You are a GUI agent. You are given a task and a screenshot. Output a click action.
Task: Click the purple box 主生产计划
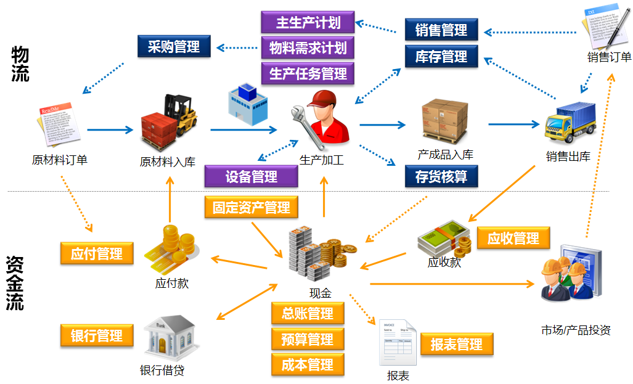coord(308,22)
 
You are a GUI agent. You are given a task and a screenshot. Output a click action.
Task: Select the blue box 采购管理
coord(174,46)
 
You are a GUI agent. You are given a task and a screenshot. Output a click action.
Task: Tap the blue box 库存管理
coord(441,57)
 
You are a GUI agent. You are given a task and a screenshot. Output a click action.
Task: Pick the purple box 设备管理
coord(251,177)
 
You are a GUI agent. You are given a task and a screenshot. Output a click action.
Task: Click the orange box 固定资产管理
coord(251,207)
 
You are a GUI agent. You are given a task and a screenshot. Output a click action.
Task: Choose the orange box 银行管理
coord(97,335)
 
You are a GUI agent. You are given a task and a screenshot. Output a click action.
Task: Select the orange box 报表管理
coord(457,344)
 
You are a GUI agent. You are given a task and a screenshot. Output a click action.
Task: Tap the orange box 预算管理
coord(308,339)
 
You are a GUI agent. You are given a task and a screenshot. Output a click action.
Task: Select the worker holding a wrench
coord(321,117)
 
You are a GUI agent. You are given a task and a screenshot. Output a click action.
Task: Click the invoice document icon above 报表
coord(397,343)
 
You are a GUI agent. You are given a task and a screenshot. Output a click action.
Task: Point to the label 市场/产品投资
coord(576,330)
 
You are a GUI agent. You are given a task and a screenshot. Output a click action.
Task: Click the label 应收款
coord(444,262)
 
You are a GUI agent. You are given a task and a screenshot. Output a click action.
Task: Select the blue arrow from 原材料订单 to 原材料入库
coord(110,129)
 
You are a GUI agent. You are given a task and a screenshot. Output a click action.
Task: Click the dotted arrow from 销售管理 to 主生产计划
coord(377,27)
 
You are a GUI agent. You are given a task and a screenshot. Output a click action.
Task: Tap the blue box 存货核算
coord(441,177)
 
